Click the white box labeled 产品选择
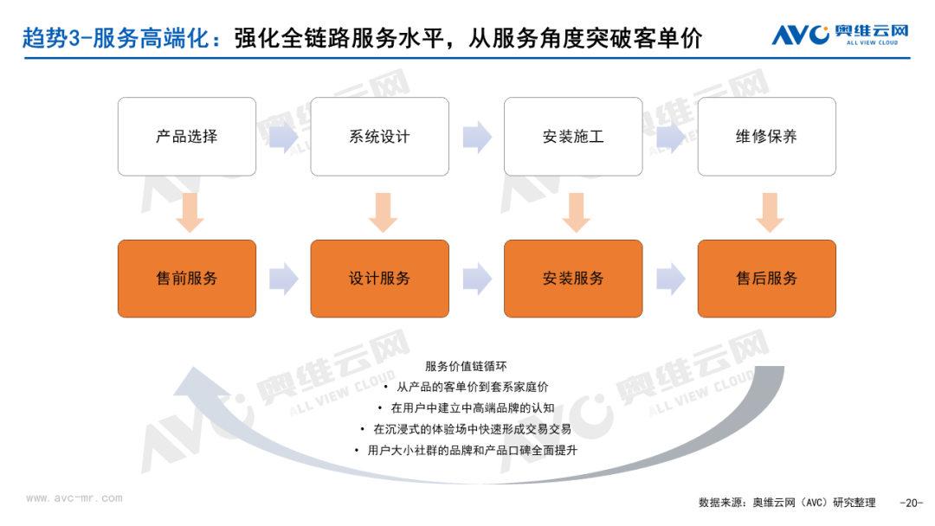[x=187, y=137]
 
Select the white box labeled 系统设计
[x=380, y=137]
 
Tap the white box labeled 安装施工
[x=573, y=137]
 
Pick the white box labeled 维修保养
[x=767, y=137]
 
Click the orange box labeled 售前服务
[x=187, y=279]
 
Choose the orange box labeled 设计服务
[x=380, y=279]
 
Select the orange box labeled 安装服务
[x=573, y=279]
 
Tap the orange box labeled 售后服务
[x=767, y=279]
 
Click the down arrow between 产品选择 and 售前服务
[x=190, y=213]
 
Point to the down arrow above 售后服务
[x=770, y=213]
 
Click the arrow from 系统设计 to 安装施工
[x=477, y=137]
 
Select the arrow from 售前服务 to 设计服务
[x=284, y=279]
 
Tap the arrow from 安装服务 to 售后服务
[x=671, y=279]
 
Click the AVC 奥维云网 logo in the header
[x=840, y=35]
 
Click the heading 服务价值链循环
[x=466, y=366]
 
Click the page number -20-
[x=911, y=503]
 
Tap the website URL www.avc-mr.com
[x=74, y=498]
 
